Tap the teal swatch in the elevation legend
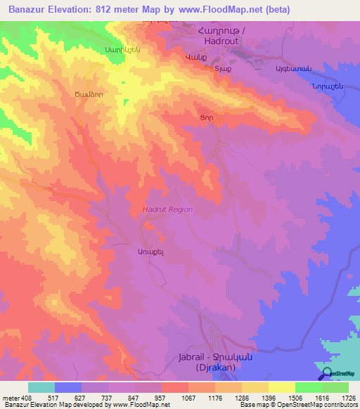(41, 387)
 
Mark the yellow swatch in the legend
(281, 387)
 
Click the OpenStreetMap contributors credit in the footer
(313, 405)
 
